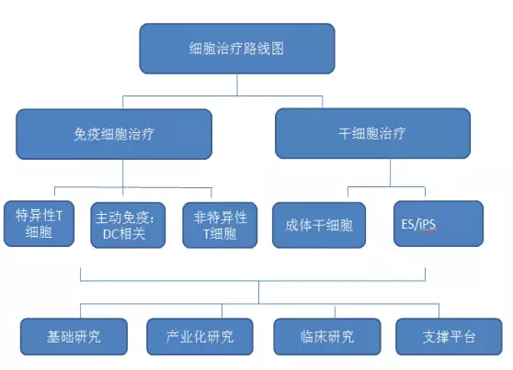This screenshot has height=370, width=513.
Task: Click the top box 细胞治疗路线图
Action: (237, 49)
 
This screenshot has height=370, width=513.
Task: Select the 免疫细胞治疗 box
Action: (114, 134)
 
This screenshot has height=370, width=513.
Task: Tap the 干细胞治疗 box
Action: (372, 133)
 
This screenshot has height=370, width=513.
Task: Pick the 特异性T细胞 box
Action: (39, 224)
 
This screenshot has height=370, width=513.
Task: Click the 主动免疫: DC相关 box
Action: (128, 225)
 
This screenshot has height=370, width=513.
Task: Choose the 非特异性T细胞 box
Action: (220, 225)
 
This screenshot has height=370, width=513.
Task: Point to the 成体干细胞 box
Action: (319, 225)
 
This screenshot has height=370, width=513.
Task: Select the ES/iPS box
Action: (439, 224)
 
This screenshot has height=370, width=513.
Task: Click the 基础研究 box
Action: (74, 337)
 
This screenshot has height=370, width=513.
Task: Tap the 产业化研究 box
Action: (199, 337)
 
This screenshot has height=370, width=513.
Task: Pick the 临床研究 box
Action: (327, 337)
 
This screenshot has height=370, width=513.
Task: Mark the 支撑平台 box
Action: (449, 337)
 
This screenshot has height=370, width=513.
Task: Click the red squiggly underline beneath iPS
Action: (427, 230)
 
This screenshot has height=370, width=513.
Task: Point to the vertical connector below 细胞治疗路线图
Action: (237, 85)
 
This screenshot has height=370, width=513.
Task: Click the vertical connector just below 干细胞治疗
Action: (390, 173)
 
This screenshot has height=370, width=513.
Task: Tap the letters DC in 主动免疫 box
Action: (110, 234)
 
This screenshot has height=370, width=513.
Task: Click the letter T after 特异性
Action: (59, 216)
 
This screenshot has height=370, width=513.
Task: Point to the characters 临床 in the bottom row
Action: (313, 337)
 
